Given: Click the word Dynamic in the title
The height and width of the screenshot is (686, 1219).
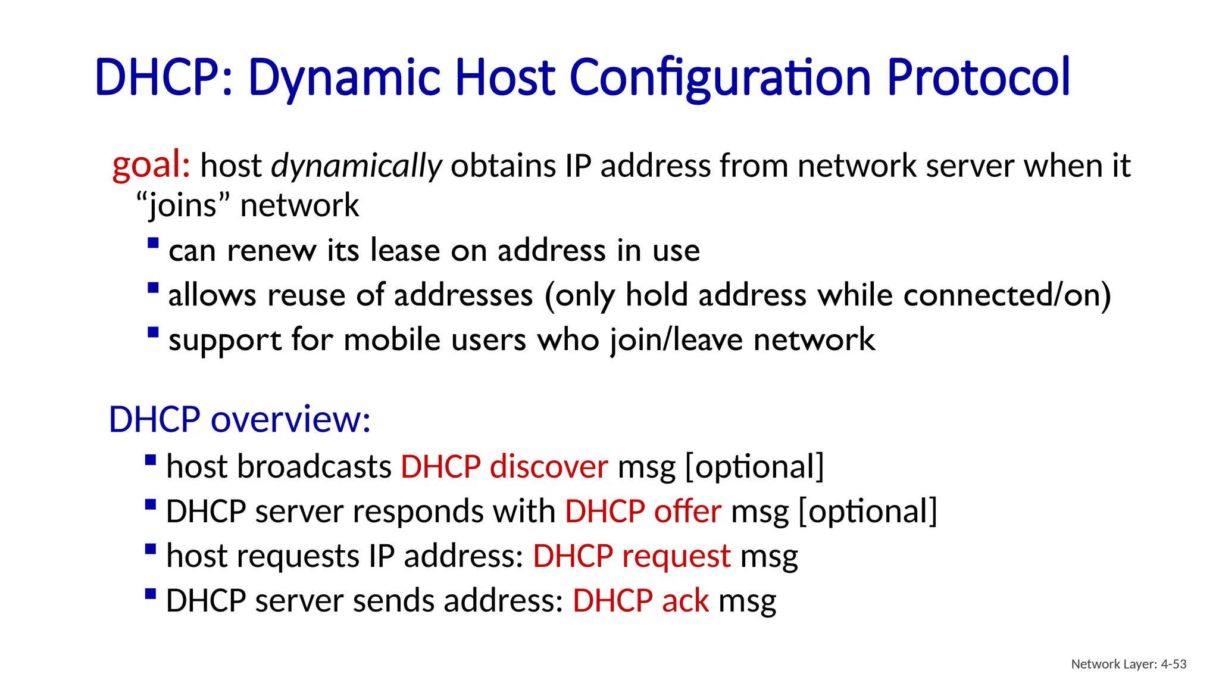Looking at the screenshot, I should click(x=344, y=77).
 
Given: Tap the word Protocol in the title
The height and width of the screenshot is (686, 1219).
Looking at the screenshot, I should click(x=978, y=77).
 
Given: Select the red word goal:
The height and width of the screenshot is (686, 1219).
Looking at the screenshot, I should click(x=151, y=165).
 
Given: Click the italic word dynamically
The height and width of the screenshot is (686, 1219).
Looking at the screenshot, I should click(x=356, y=166).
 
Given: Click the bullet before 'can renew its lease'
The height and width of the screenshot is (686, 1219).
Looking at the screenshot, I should click(x=153, y=243).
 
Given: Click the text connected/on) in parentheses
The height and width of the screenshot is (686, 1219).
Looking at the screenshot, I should click(x=1007, y=295).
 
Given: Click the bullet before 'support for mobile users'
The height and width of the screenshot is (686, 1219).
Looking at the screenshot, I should click(x=153, y=332).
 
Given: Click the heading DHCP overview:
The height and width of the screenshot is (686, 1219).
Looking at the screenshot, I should click(x=239, y=420).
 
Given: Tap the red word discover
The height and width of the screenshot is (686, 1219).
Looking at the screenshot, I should click(x=548, y=466).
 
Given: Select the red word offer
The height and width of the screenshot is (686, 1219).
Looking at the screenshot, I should click(x=687, y=511).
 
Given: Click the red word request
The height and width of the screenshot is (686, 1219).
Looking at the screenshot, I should click(x=676, y=556).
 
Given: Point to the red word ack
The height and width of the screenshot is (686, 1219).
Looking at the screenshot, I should click(x=685, y=601).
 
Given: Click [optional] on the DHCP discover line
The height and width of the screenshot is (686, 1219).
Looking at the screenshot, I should click(x=755, y=466).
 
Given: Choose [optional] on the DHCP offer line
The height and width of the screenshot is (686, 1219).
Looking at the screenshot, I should click(x=867, y=511).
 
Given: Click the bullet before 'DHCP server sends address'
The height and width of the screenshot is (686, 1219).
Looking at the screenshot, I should click(x=151, y=594).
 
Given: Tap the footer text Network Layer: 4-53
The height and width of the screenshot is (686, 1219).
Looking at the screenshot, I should click(x=1129, y=664).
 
